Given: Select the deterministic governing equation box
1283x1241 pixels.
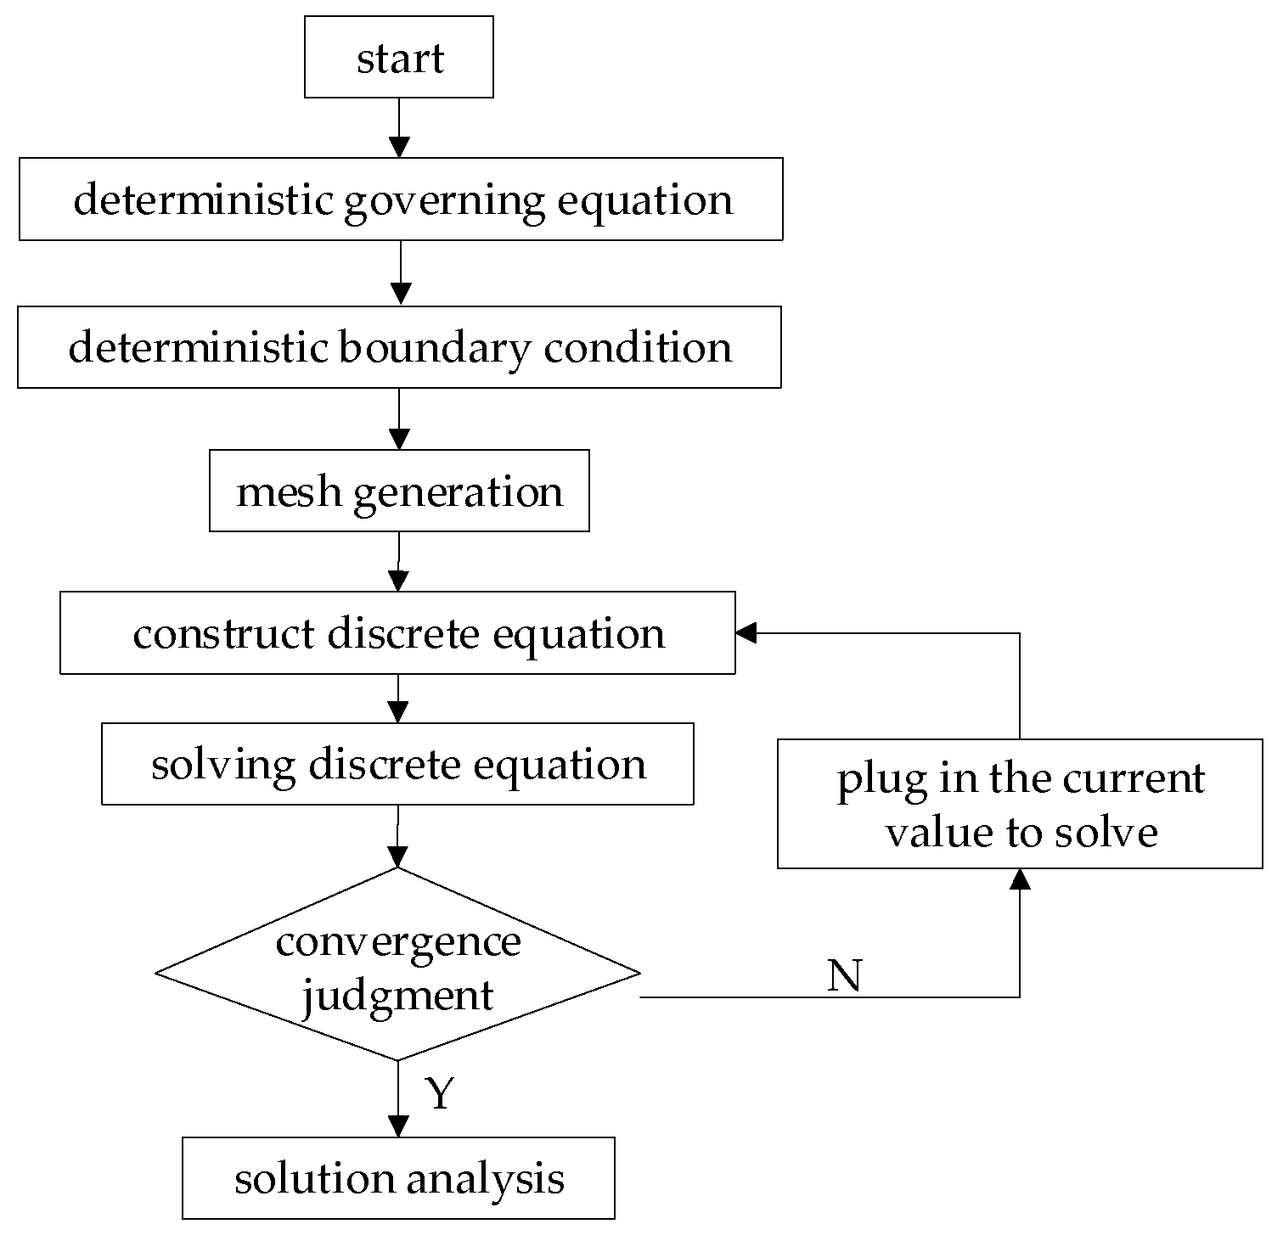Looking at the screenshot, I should (400, 199).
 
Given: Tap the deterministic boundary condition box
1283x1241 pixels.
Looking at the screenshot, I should (399, 347).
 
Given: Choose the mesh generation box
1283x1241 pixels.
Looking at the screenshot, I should (399, 491).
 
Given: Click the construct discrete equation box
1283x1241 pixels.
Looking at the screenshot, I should (397, 633).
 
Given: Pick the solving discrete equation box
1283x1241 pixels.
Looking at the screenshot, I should (397, 764).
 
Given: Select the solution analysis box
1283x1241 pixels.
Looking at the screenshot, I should (398, 1178).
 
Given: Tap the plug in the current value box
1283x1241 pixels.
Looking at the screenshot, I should (1019, 804).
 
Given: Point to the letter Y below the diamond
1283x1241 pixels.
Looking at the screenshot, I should (440, 1094).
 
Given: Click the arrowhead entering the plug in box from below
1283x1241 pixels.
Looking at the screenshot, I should (1019, 879).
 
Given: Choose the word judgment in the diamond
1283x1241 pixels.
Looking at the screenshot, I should (397, 995).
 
